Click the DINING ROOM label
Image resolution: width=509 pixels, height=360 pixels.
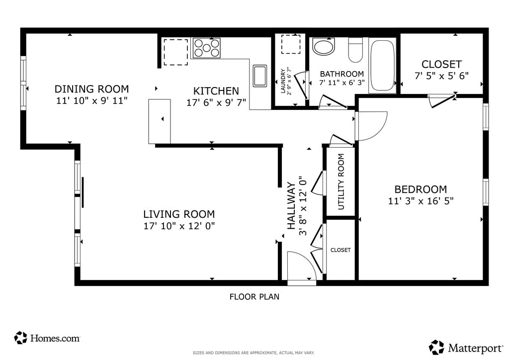[x=91, y=89]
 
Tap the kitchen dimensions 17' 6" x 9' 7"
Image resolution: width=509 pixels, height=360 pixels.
[x=216, y=103]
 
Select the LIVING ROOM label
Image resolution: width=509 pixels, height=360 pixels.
[x=179, y=214]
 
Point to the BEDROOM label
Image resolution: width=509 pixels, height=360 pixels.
[x=421, y=189]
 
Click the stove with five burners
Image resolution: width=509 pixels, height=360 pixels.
[x=206, y=48]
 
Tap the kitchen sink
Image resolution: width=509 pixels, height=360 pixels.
[x=259, y=76]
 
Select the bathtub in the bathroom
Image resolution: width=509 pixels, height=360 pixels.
[x=382, y=65]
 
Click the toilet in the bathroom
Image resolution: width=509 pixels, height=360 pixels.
[x=355, y=50]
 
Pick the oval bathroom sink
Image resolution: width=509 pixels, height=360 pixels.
[x=323, y=47]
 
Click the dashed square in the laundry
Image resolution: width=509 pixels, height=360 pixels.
[x=291, y=44]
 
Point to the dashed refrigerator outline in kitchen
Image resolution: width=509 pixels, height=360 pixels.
[x=175, y=52]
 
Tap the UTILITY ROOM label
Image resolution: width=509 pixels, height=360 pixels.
[x=341, y=182]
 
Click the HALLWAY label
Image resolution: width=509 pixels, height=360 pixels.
[x=291, y=206]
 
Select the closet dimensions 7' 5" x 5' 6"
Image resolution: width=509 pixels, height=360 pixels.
[x=441, y=76]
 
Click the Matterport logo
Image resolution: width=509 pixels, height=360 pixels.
[x=466, y=348]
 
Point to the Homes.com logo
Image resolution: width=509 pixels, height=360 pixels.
[x=47, y=338]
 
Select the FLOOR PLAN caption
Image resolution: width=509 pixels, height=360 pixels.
[x=254, y=297]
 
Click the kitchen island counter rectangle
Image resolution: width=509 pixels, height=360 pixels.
[x=160, y=121]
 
